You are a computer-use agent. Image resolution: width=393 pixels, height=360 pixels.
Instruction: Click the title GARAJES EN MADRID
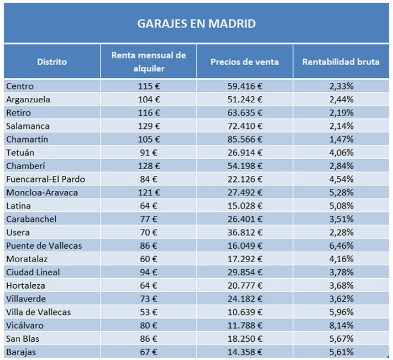[x=196, y=24]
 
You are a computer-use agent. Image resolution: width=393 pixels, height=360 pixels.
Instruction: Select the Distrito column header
[x=52, y=62]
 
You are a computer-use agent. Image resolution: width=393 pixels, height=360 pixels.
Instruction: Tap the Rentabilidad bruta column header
[x=340, y=62]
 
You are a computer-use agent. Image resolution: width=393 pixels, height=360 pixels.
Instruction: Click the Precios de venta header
[x=244, y=62]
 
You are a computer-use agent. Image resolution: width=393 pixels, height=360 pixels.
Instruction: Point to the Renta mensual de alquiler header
[x=149, y=62]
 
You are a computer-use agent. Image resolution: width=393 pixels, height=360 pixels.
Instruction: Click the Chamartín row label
[x=27, y=139]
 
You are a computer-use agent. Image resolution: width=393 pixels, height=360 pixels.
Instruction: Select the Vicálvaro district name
[x=25, y=325]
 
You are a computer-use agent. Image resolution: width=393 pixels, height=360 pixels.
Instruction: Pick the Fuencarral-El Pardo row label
[x=46, y=179]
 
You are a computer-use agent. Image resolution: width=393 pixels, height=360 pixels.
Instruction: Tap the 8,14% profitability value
[x=341, y=325]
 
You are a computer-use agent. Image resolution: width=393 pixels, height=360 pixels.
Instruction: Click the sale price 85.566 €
[x=245, y=139]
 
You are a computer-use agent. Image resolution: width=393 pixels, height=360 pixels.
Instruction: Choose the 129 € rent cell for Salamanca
[x=149, y=126]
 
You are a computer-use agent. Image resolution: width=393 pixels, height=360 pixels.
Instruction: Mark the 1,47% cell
[x=341, y=139]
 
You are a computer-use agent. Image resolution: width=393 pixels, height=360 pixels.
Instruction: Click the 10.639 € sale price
[x=245, y=312]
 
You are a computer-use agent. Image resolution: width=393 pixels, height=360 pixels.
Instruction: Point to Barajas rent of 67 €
[x=149, y=352]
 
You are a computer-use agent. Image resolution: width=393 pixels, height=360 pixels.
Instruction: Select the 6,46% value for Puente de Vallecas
[x=341, y=246]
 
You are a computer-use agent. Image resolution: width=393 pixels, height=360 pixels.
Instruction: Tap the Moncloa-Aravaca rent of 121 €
[x=149, y=192]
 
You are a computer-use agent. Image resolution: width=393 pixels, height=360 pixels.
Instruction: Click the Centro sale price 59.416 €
[x=245, y=86]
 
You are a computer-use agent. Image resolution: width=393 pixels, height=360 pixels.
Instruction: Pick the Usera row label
[x=18, y=232]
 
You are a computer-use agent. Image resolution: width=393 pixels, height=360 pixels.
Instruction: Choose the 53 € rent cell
[x=149, y=312]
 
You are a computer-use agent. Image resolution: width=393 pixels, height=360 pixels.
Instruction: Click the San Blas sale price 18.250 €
[x=245, y=338]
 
